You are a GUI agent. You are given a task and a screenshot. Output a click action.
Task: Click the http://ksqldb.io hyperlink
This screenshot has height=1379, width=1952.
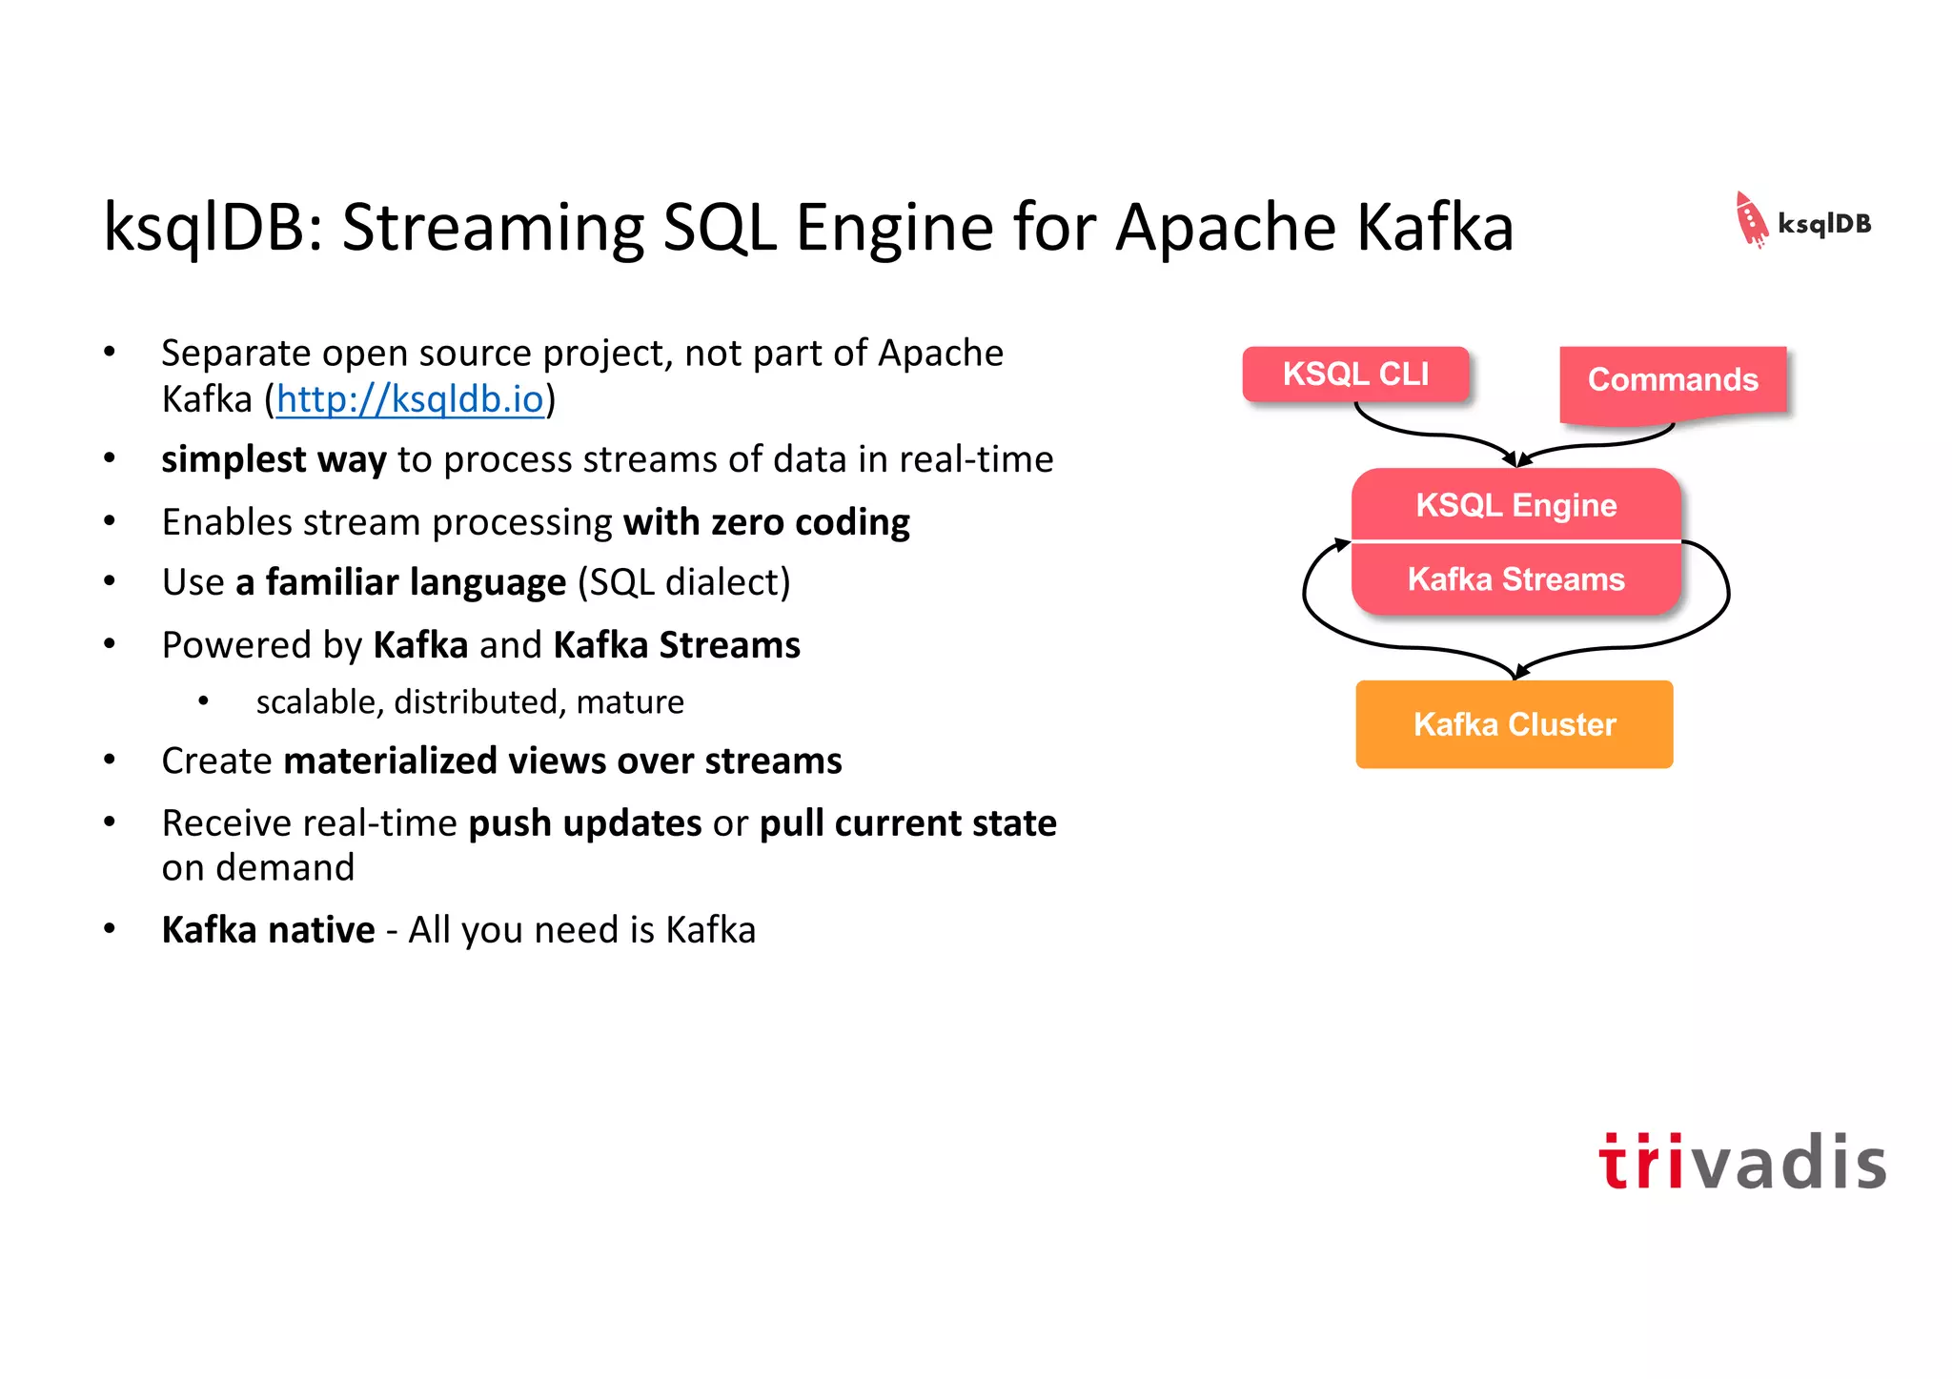pos(410,399)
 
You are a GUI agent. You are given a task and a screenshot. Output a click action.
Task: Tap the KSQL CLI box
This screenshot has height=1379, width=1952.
pos(1354,374)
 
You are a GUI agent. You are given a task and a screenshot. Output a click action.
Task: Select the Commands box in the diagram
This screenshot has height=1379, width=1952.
pos(1672,380)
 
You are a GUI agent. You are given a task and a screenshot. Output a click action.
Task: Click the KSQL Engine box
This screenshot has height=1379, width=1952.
pos(1515,504)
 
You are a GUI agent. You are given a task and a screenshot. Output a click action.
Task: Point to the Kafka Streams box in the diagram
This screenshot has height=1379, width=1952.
pos(1515,579)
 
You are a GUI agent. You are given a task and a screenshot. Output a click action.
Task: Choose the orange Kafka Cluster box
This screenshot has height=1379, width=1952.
pos(1514,724)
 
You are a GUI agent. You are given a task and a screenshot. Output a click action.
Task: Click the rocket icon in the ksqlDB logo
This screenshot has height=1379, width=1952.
pos(1750,220)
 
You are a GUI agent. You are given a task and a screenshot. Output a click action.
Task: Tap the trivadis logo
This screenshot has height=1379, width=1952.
pos(1741,1162)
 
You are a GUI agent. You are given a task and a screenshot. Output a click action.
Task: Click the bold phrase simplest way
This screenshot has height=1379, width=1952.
pos(274,460)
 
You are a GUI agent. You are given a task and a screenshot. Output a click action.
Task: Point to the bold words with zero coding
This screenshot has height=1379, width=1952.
pos(766,522)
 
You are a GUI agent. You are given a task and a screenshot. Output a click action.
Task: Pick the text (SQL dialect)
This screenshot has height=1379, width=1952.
pos(683,582)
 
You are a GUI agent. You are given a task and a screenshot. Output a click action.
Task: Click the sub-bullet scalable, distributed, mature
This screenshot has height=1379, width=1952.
pos(469,702)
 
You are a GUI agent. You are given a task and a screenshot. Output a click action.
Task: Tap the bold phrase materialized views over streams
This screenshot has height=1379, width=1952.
pos(562,761)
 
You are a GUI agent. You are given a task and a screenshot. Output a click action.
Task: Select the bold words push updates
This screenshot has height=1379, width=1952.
pos(584,823)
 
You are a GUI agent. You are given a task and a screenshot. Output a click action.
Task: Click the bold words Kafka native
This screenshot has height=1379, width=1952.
pos(268,930)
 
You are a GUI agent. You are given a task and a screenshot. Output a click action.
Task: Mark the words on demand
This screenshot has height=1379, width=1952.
pos(257,868)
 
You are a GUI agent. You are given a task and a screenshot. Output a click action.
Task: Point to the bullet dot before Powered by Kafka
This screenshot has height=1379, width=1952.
pos(110,644)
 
